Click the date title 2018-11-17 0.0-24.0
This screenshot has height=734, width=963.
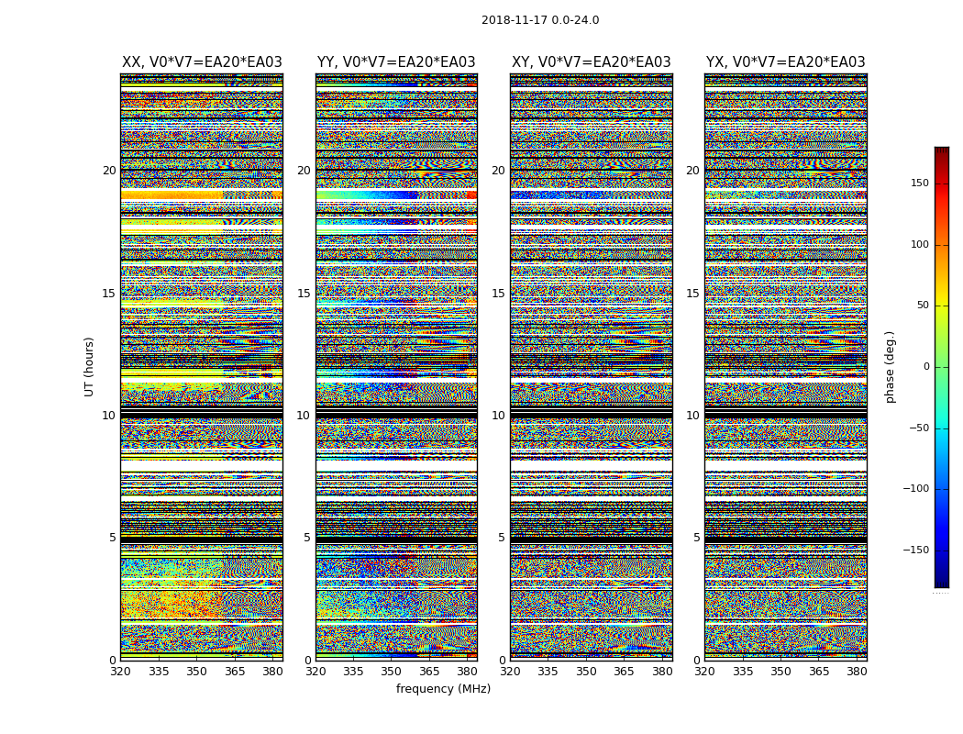point(540,20)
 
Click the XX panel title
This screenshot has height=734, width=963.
point(202,62)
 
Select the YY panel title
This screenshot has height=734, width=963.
point(396,62)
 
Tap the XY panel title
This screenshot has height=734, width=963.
point(591,62)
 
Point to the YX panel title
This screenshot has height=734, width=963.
point(785,62)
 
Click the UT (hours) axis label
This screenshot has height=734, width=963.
point(89,366)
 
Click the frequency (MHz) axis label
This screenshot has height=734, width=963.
point(443,689)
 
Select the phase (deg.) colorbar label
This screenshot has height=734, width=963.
point(890,367)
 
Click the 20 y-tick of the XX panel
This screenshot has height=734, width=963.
point(109,171)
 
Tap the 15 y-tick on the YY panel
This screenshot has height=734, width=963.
point(304,294)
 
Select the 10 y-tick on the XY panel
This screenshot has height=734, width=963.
point(498,416)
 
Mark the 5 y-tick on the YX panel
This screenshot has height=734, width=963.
point(696,538)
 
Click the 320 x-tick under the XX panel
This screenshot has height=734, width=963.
point(120,671)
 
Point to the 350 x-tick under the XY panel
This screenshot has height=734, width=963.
point(586,671)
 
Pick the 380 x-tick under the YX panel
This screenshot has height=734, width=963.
point(857,671)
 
